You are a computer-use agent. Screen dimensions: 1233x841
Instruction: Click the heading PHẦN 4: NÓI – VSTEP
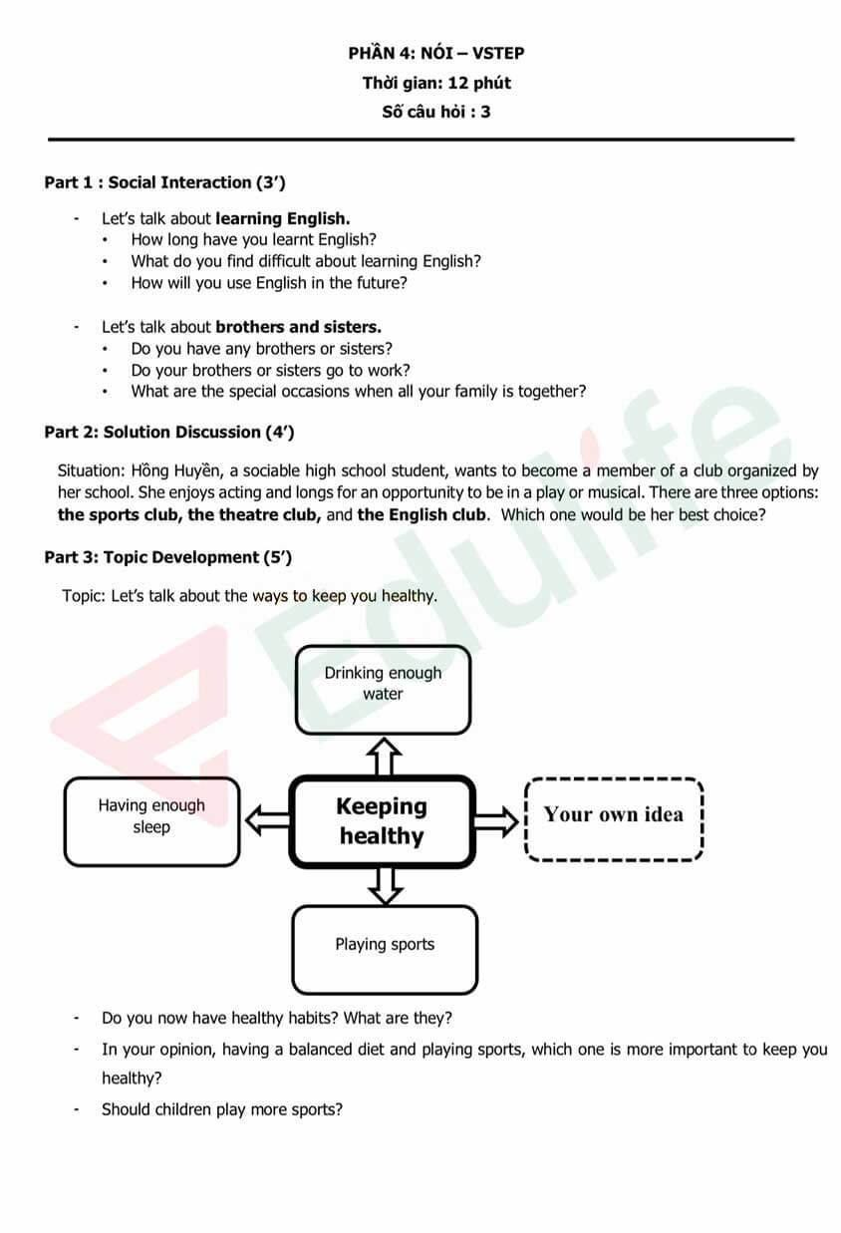pos(436,54)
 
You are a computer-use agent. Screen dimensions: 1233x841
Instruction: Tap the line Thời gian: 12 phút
pos(436,83)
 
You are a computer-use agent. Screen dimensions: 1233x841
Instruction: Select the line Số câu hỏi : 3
pos(436,112)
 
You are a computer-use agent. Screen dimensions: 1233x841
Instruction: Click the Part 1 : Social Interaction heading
pos(165,182)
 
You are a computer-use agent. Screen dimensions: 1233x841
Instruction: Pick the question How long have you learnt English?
pos(253,239)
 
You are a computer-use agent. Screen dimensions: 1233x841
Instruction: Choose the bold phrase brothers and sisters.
pos(298,327)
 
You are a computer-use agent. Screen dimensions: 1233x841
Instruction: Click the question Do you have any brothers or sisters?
pos(261,349)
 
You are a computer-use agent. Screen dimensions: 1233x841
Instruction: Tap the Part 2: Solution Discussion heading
pos(168,433)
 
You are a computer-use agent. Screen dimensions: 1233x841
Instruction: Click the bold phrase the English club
pos(422,515)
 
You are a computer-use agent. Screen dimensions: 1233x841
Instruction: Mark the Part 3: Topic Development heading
pos(167,558)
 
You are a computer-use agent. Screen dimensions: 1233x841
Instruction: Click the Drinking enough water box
pos(383,688)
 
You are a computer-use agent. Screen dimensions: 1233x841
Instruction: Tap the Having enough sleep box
pos(151,821)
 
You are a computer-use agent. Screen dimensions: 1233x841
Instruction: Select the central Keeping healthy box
pos(382,821)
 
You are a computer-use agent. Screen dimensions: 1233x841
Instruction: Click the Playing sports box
pos(385,949)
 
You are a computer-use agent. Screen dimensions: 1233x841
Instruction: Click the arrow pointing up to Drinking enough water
pos(384,755)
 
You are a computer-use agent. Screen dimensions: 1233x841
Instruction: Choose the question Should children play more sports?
pos(222,1109)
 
